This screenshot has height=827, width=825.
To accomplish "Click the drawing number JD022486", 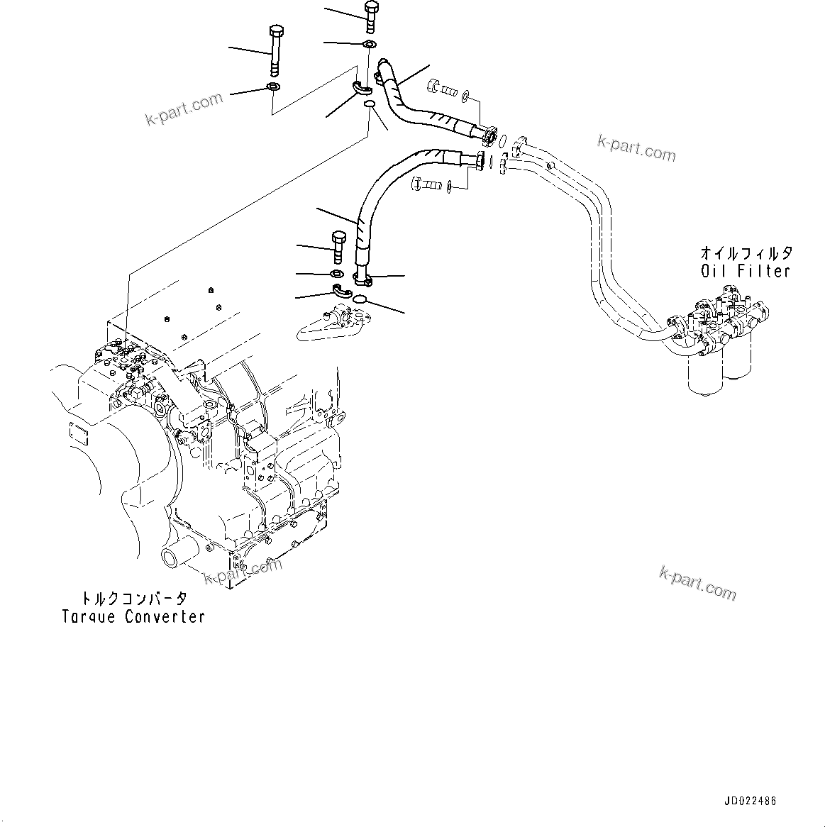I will coord(750,801).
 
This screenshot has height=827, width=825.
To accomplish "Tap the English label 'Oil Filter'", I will coord(745,270).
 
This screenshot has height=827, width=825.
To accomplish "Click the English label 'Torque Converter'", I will coord(133,616).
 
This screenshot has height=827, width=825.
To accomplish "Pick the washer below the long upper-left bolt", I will coord(272,87).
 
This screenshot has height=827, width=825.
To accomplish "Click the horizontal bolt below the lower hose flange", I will coord(425,184).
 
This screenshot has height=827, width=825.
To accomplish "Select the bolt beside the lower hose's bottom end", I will coord(339,247).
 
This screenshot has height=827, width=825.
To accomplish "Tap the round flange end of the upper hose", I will coord(490,134).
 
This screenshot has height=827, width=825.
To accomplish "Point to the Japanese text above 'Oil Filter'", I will coord(746,252).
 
